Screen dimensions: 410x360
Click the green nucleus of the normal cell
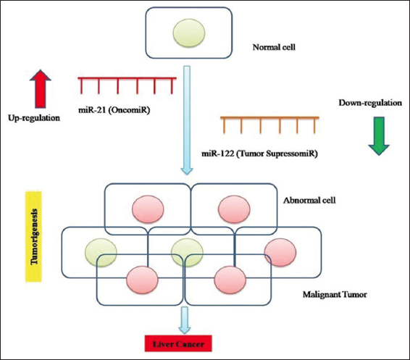click(x=189, y=33)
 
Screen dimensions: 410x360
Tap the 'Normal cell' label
click(x=274, y=47)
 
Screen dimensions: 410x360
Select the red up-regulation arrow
click(x=41, y=88)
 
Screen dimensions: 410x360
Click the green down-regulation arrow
click(x=379, y=136)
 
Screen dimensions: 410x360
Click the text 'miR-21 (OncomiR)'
click(x=114, y=110)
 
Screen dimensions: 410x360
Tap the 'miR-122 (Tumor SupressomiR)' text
click(x=259, y=154)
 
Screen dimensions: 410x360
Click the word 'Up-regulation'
click(x=34, y=118)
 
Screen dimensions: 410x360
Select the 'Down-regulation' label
click(x=370, y=103)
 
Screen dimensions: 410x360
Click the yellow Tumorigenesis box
click(x=33, y=237)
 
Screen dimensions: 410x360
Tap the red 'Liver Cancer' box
click(x=178, y=344)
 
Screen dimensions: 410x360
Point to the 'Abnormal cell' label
click(x=309, y=201)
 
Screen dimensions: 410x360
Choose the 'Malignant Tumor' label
click(x=335, y=295)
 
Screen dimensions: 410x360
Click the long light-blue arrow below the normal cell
click(x=187, y=120)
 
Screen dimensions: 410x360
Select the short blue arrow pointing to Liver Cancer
click(x=185, y=320)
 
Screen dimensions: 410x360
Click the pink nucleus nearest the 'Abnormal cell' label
click(x=234, y=209)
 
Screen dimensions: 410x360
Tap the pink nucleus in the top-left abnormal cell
click(x=148, y=209)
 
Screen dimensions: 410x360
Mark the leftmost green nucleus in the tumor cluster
click(x=101, y=252)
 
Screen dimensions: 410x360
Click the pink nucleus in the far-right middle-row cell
click(x=280, y=252)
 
